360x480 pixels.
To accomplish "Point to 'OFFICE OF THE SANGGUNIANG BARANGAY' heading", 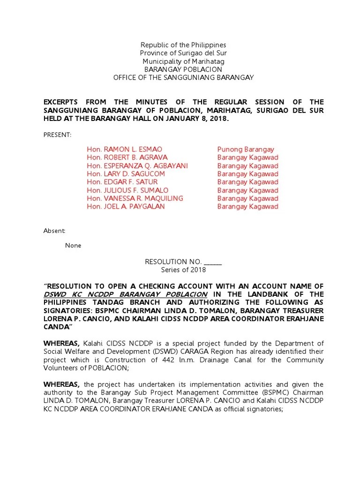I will coord(183,77).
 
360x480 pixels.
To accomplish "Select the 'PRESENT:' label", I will coord(57,135).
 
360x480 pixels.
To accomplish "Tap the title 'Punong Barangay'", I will coord(246,150).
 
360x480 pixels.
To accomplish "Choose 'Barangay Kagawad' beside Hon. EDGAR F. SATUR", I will coord(247,182).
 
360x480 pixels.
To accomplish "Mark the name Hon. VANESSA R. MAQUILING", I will coord(135,198).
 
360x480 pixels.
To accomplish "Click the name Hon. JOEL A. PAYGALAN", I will coord(126,206).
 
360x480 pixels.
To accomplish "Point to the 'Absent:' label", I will coord(54,231).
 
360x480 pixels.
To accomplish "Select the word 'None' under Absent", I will coord(73,245).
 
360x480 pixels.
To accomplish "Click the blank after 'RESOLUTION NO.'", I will coord(213,262).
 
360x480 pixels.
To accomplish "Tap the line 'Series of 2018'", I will coord(183,270).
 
